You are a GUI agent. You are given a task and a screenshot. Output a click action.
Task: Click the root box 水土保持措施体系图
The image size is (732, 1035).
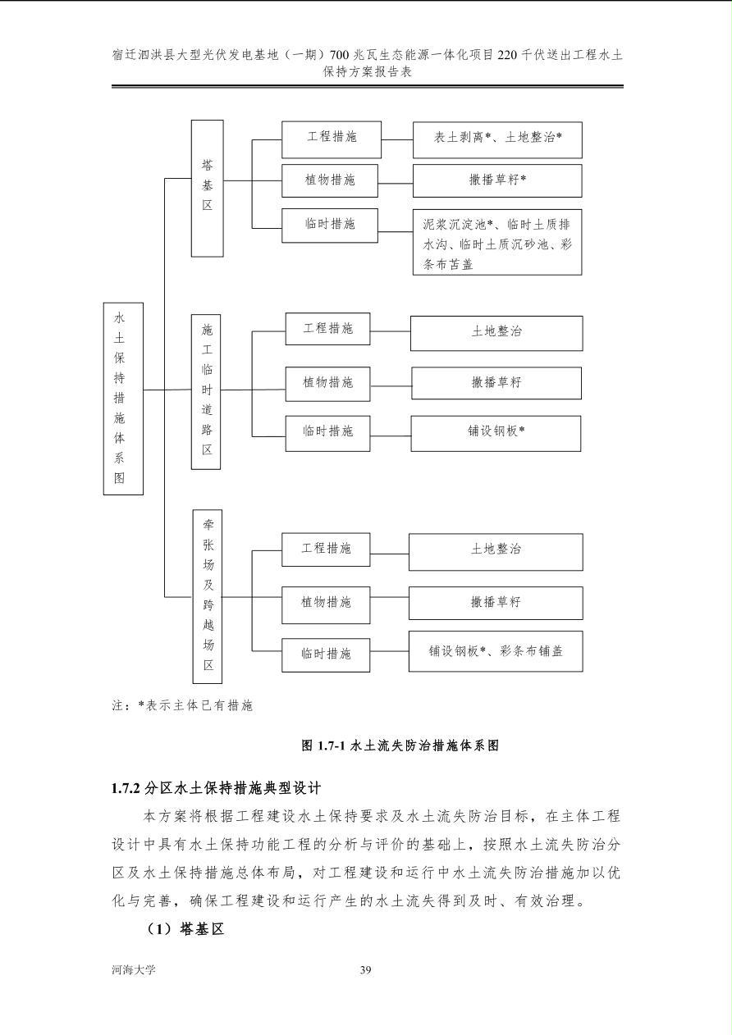[x=123, y=399]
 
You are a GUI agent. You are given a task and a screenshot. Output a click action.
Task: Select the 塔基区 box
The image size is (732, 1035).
[x=207, y=188]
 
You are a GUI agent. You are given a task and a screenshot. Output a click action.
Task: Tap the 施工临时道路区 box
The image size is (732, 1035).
[x=206, y=392]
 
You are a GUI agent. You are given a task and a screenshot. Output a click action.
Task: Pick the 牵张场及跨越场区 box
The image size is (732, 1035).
[x=207, y=596]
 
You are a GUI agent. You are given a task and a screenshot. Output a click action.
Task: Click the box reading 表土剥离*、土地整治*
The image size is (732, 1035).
[x=497, y=140]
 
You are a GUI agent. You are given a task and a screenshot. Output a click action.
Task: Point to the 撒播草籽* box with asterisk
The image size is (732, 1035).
[x=497, y=180]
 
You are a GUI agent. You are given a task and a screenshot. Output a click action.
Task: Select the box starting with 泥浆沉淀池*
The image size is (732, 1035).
[x=497, y=242]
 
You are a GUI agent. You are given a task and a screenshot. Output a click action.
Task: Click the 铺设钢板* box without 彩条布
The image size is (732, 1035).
[x=496, y=433]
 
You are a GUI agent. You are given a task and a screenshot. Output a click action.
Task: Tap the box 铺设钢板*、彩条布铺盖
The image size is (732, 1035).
[x=496, y=651]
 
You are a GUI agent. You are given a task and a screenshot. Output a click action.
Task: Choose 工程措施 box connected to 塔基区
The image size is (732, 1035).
[x=332, y=139]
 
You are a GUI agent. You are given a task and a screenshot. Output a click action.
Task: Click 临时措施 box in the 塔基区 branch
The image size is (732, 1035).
[x=330, y=226]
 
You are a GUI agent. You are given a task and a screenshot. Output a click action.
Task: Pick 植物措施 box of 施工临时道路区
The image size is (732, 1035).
[x=327, y=384]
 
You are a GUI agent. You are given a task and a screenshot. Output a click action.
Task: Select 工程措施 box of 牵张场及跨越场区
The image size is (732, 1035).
[x=326, y=549]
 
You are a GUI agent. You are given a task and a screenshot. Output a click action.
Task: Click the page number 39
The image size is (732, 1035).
[x=366, y=969]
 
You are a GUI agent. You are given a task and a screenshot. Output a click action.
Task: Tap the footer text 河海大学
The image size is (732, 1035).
[x=134, y=969]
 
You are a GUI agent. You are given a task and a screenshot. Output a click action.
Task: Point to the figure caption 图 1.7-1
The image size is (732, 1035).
[x=323, y=745]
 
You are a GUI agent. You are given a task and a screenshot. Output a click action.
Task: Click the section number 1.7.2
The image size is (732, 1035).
[x=126, y=788]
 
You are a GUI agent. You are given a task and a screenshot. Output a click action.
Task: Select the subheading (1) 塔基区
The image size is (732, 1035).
[x=185, y=928]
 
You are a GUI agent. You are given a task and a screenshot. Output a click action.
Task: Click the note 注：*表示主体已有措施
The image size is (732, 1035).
[x=182, y=705]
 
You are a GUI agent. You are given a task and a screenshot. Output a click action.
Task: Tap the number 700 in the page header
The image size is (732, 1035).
[x=340, y=55]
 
